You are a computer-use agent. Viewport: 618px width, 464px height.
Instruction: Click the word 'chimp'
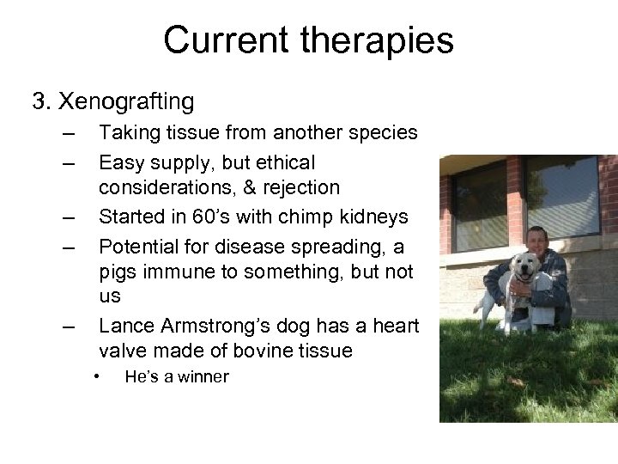[296, 215]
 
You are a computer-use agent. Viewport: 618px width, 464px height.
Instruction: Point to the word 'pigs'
[118, 272]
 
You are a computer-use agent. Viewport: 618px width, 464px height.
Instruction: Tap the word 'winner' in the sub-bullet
[201, 376]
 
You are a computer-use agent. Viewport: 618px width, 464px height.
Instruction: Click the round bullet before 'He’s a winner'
[99, 376]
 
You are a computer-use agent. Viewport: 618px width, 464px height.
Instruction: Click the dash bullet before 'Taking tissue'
[69, 134]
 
